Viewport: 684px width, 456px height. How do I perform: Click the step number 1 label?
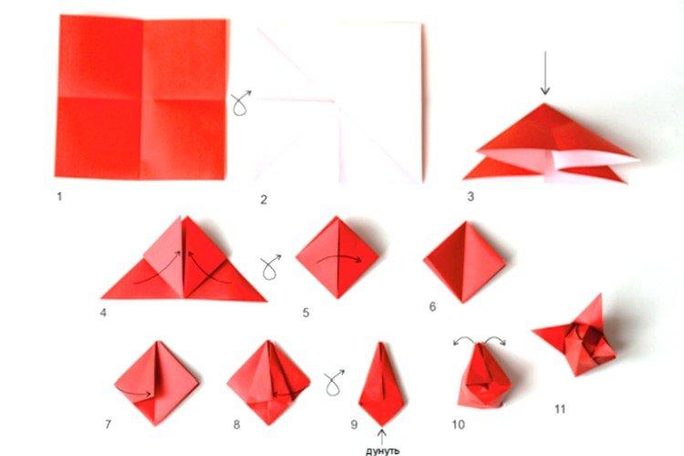click(x=59, y=195)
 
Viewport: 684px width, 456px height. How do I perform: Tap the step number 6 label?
click(x=432, y=306)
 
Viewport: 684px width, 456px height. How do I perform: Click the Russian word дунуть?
click(x=382, y=449)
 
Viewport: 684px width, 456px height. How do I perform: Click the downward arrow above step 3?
click(x=544, y=80)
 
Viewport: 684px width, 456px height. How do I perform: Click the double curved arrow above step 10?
click(x=481, y=341)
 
